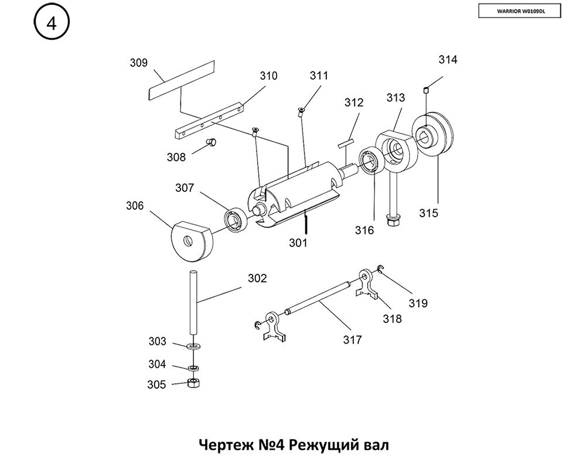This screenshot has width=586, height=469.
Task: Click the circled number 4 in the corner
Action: [x=52, y=24]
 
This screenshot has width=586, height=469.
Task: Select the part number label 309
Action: [x=138, y=63]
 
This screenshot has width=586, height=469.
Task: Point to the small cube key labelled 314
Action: [x=425, y=90]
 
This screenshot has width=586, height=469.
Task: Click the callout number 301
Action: [x=298, y=242]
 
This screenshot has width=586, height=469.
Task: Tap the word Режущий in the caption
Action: [x=317, y=445]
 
